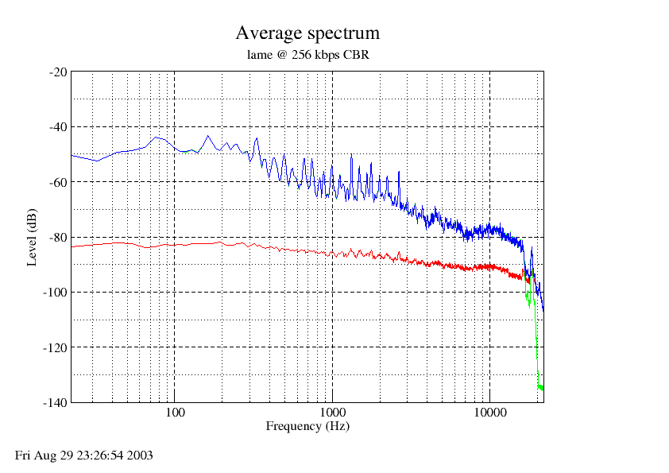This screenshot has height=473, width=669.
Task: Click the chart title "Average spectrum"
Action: coord(307,33)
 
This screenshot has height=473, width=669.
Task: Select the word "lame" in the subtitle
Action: coord(259,55)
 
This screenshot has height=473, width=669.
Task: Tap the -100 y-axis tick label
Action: coord(55,293)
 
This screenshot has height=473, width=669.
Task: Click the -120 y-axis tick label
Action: coord(55,348)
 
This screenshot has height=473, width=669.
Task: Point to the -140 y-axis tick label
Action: coord(55,402)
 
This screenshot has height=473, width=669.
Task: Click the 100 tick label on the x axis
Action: coord(175,413)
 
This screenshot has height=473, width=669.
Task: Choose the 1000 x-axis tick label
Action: coord(332,413)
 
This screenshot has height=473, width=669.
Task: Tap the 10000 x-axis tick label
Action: coord(490,413)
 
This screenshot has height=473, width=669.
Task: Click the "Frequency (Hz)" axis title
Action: coord(307,426)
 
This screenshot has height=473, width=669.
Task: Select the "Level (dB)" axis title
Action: coord(32,238)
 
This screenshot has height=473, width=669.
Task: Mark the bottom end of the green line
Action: coord(543,390)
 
